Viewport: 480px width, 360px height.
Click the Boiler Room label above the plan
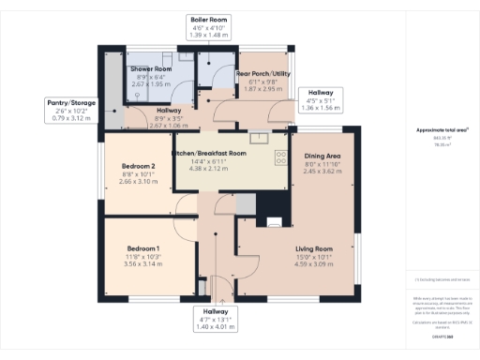(209, 19)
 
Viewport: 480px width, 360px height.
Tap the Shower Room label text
(150, 69)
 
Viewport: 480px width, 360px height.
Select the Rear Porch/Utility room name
(263, 73)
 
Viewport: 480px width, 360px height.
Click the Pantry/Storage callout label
(69, 102)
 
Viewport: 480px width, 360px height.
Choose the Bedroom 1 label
(144, 248)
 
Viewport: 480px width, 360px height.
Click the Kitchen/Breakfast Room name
(209, 153)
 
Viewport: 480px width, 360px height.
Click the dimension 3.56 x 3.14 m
(144, 265)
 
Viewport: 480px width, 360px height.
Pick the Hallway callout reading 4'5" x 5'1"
(320, 99)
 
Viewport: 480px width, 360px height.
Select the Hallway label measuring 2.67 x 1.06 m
(170, 125)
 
